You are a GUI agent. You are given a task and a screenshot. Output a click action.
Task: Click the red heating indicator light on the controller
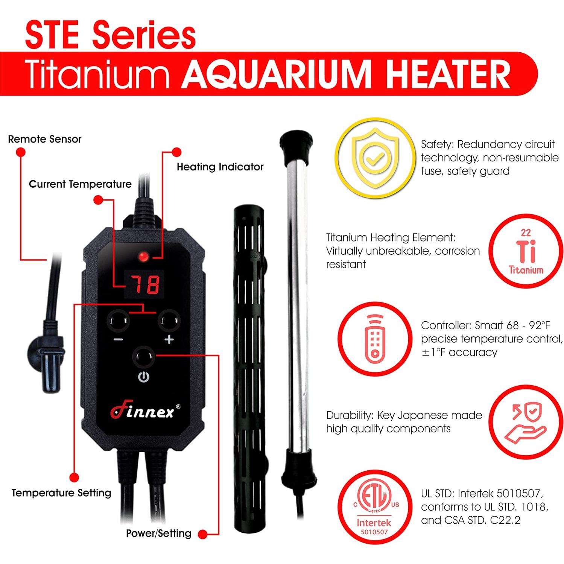pos(143,257)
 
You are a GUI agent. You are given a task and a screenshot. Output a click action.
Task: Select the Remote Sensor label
pos(45,139)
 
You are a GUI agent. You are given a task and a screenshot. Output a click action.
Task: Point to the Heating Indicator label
pos(220,167)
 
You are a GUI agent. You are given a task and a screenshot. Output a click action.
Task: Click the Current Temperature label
pos(80,184)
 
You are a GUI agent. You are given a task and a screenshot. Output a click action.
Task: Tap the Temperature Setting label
pos(61,493)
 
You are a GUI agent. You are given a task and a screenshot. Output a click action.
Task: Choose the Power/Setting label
pos(159,533)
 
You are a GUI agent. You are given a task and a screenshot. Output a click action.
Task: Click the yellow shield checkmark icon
pos(375,158)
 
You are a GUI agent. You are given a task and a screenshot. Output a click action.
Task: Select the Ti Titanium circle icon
pos(526,251)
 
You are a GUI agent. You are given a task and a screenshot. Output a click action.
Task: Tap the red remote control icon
pos(375,339)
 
